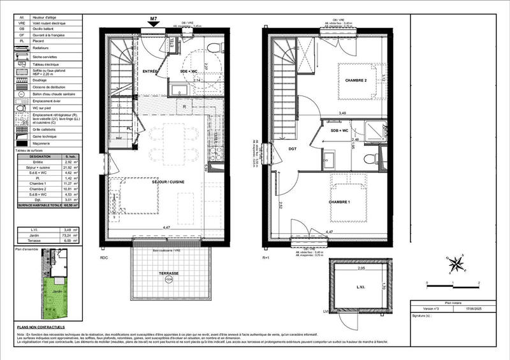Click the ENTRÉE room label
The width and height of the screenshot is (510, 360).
click(150, 71)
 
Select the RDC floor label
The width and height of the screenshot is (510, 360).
click(104, 259)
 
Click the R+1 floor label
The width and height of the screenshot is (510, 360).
click(267, 259)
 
